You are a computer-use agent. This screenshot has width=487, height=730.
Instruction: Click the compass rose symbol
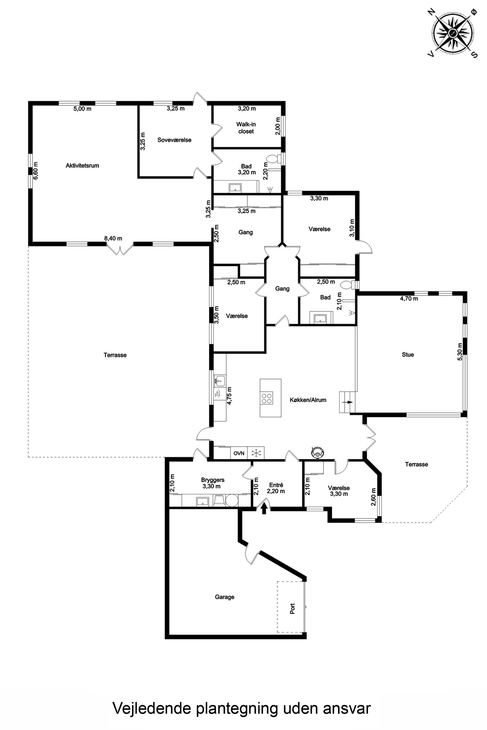(453, 32)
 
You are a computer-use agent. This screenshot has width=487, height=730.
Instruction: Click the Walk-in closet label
(246, 128)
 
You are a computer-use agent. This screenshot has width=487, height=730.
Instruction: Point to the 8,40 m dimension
(113, 239)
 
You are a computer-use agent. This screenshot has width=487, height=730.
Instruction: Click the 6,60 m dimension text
(36, 170)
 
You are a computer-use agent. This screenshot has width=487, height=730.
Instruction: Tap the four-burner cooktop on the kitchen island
(267, 398)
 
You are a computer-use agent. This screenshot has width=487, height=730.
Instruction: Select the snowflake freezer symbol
(256, 453)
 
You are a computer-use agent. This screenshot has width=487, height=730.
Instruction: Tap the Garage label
(225, 597)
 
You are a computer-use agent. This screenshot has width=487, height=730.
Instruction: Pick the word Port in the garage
(292, 609)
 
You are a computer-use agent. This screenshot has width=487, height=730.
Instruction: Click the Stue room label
(408, 355)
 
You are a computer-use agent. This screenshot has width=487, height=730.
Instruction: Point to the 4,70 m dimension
(409, 299)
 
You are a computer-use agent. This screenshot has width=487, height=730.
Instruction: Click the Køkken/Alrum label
(308, 400)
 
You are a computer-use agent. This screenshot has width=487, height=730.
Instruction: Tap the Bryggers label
(213, 480)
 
